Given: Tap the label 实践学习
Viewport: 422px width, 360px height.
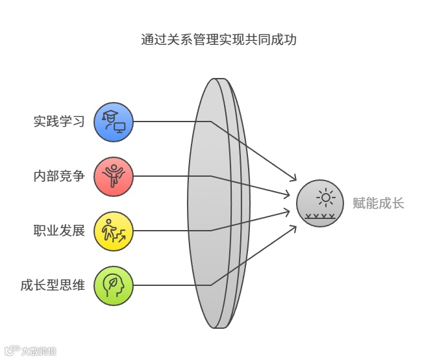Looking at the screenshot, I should [x=59, y=122].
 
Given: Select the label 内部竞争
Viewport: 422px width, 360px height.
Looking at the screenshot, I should [x=59, y=175].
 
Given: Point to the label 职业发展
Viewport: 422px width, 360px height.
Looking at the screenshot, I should [x=59, y=230].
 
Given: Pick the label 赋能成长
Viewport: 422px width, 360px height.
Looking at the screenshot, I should [x=378, y=203].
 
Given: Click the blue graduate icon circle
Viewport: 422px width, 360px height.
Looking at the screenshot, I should [x=113, y=122].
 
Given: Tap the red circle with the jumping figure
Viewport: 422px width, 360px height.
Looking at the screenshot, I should [x=113, y=175].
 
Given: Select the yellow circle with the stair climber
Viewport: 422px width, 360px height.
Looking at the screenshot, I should [x=113, y=230].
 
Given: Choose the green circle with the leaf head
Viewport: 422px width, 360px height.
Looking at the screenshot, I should [x=113, y=285].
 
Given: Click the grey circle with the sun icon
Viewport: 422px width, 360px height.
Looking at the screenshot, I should [x=320, y=203].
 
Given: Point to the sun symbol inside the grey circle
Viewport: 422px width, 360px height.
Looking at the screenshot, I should [x=325, y=196].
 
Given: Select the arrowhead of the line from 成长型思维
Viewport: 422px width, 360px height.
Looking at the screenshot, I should [x=294, y=227].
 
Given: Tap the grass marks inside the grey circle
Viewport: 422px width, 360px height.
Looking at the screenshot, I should [x=321, y=215].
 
